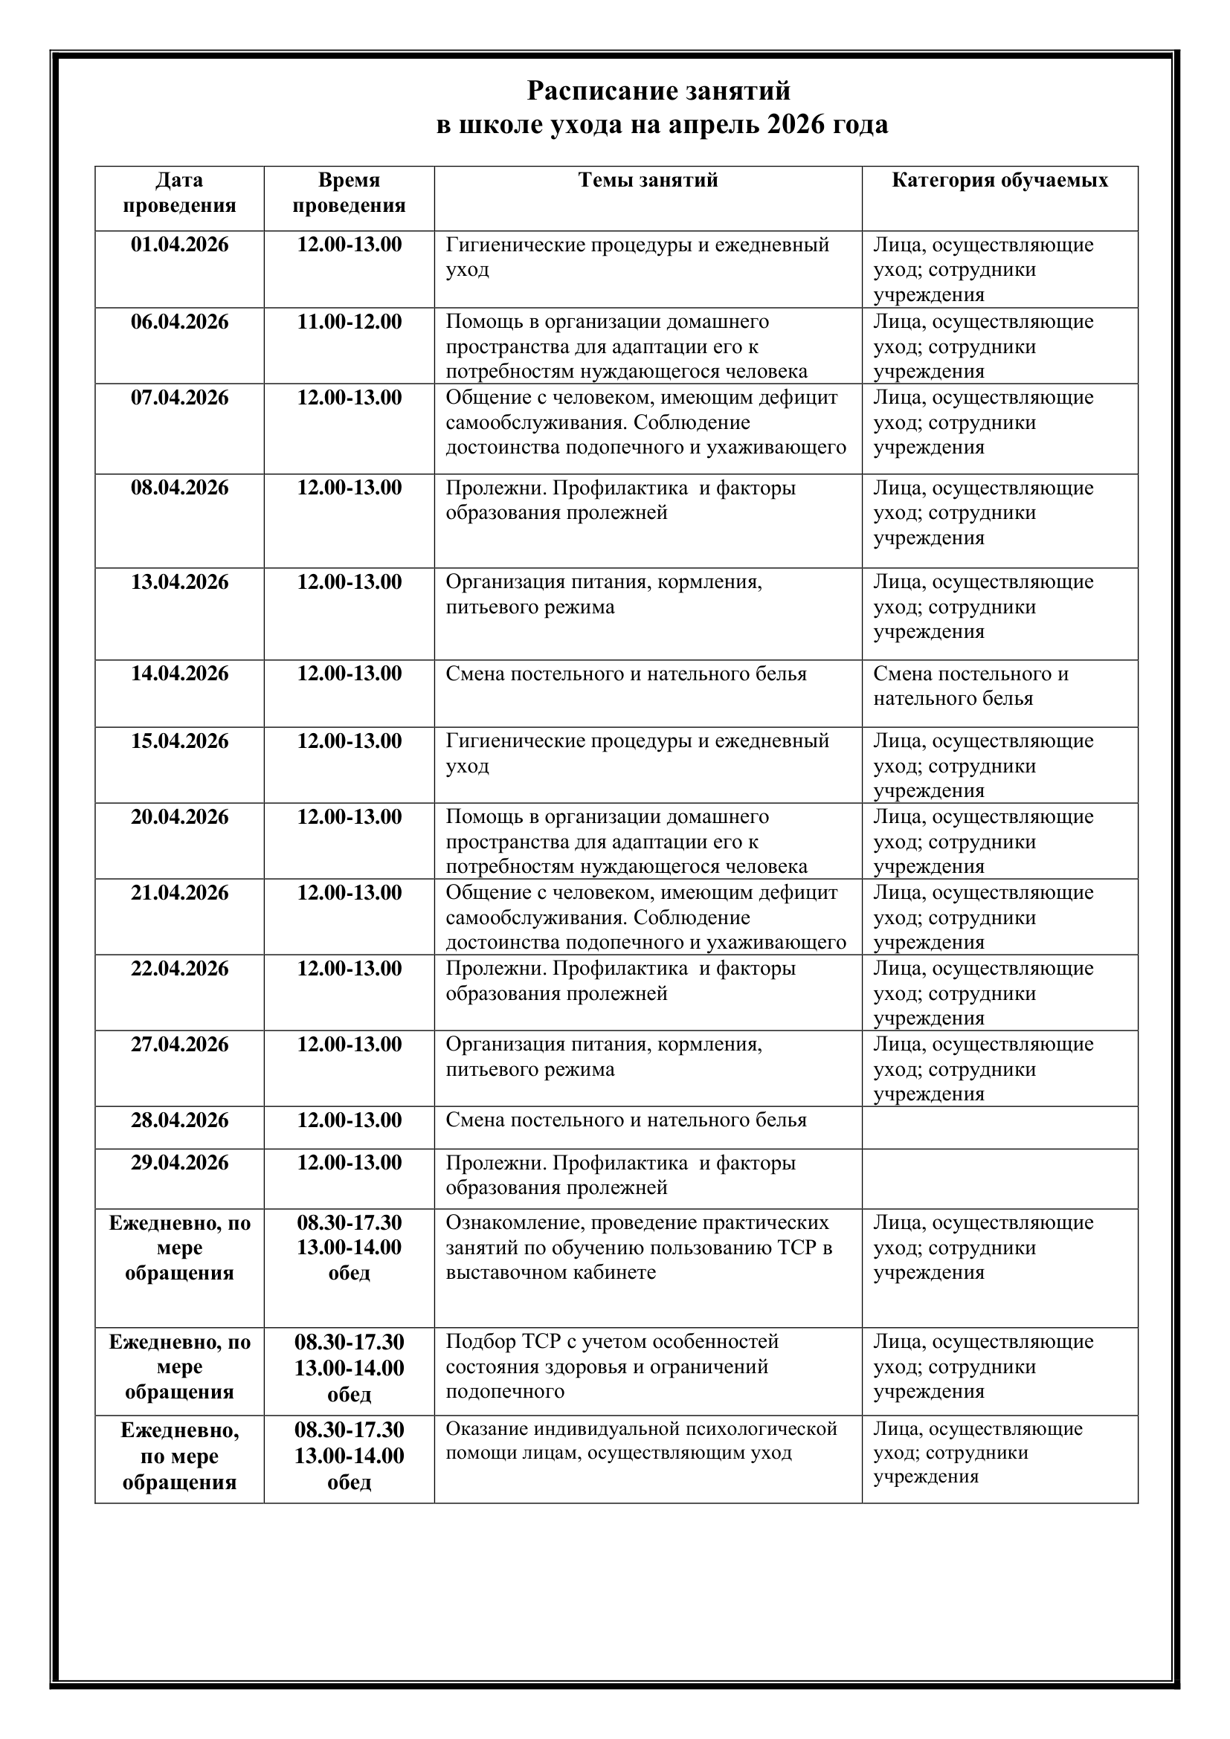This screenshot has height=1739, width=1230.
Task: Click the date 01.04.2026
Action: [x=179, y=245]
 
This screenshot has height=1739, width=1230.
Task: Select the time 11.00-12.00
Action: [x=350, y=321]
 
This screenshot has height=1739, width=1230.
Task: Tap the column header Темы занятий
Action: [x=648, y=180]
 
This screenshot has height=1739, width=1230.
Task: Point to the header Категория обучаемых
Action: [x=999, y=180]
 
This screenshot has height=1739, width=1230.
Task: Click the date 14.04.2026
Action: [x=179, y=674]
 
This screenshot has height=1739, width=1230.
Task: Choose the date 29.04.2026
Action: [x=179, y=1163]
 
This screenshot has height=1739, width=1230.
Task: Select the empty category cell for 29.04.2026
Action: [x=999, y=1178]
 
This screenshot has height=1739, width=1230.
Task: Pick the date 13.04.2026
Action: [x=179, y=581]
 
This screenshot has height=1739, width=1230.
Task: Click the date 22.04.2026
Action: [x=179, y=968]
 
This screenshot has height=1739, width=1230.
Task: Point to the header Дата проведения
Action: [x=179, y=193]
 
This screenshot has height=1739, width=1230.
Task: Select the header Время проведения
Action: [x=350, y=193]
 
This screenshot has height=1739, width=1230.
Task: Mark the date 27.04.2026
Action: [x=179, y=1044]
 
